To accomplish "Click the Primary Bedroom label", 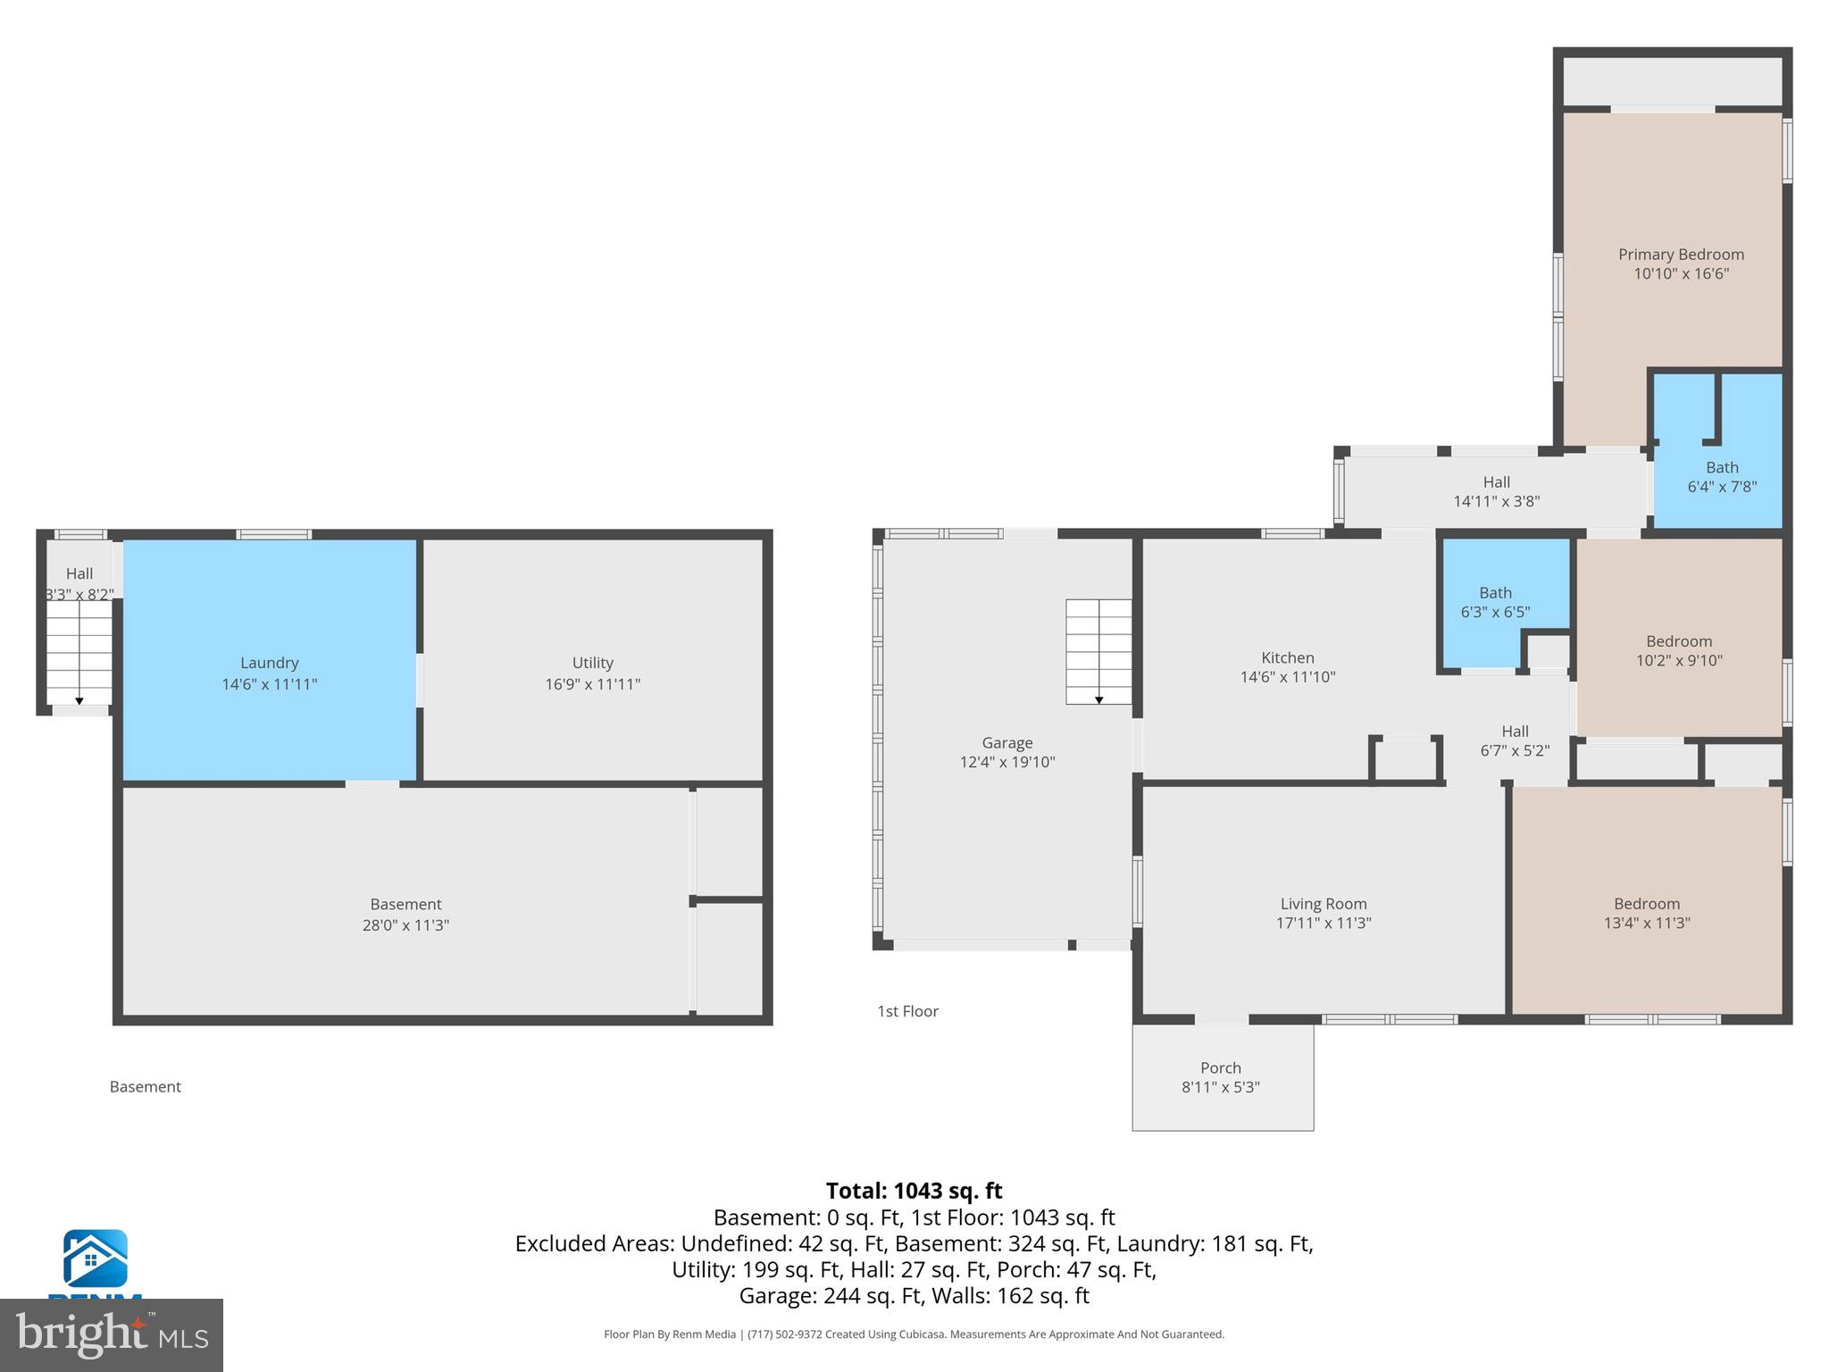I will pos(1681,255).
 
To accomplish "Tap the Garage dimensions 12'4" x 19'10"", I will pos(1007,762).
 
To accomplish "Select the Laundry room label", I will pos(269,663).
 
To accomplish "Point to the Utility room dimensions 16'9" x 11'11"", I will pos(592,684).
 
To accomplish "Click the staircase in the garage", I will pos(1098,651).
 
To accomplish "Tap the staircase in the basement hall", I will pos(79,652).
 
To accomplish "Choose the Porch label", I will pos(1220,1067).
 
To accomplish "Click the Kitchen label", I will pos(1287,657).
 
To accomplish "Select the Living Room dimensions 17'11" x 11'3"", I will pos(1324,924).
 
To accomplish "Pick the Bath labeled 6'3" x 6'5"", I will pos(1495,593).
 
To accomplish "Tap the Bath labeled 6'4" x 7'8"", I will pos(1722,467).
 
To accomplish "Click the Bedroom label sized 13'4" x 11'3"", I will pos(1646,904).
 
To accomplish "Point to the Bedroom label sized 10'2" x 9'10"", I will pos(1679,641).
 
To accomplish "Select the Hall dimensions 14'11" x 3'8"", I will pos(1496,502).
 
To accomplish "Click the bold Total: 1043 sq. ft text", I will pos(914,1191).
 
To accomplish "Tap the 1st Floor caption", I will pos(907,1011).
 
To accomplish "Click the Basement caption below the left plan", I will pos(145,1087).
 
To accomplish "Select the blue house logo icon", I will pos(95,1258).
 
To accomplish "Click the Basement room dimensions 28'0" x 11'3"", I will pos(405,925).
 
